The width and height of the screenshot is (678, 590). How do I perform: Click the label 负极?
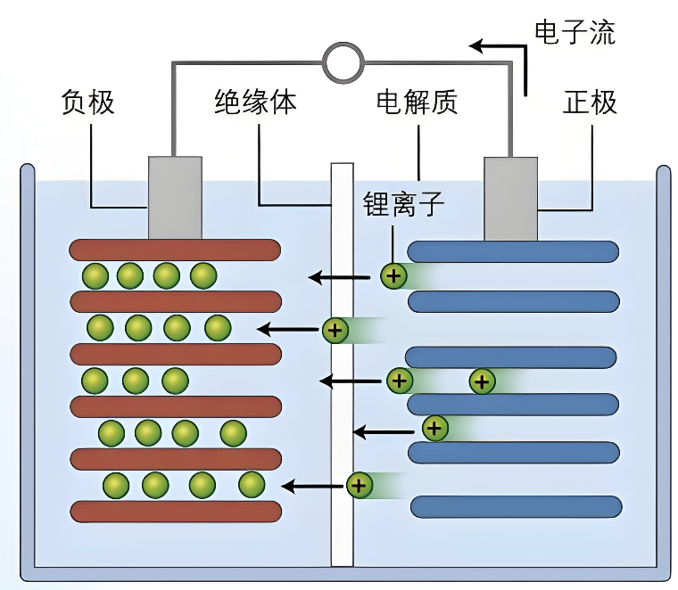[87, 102]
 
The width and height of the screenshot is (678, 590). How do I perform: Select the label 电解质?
[417, 102]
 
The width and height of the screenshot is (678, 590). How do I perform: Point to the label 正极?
[590, 102]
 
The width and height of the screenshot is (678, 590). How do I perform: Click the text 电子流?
[575, 33]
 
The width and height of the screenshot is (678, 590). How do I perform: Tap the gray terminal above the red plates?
[174, 198]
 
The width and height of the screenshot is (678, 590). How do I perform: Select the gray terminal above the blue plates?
[510, 198]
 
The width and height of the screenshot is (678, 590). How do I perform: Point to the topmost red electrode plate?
[176, 250]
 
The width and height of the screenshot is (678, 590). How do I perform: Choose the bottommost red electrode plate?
[176, 511]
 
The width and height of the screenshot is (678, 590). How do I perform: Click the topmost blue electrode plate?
[513, 251]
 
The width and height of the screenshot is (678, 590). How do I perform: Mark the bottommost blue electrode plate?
[516, 507]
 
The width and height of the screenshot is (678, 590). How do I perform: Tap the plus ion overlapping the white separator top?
[335, 331]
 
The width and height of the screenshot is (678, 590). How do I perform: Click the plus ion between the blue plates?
[482, 382]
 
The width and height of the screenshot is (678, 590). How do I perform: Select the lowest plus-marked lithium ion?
[359, 486]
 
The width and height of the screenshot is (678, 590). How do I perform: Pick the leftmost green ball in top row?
[95, 275]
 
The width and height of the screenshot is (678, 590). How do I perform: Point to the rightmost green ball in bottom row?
[252, 485]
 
